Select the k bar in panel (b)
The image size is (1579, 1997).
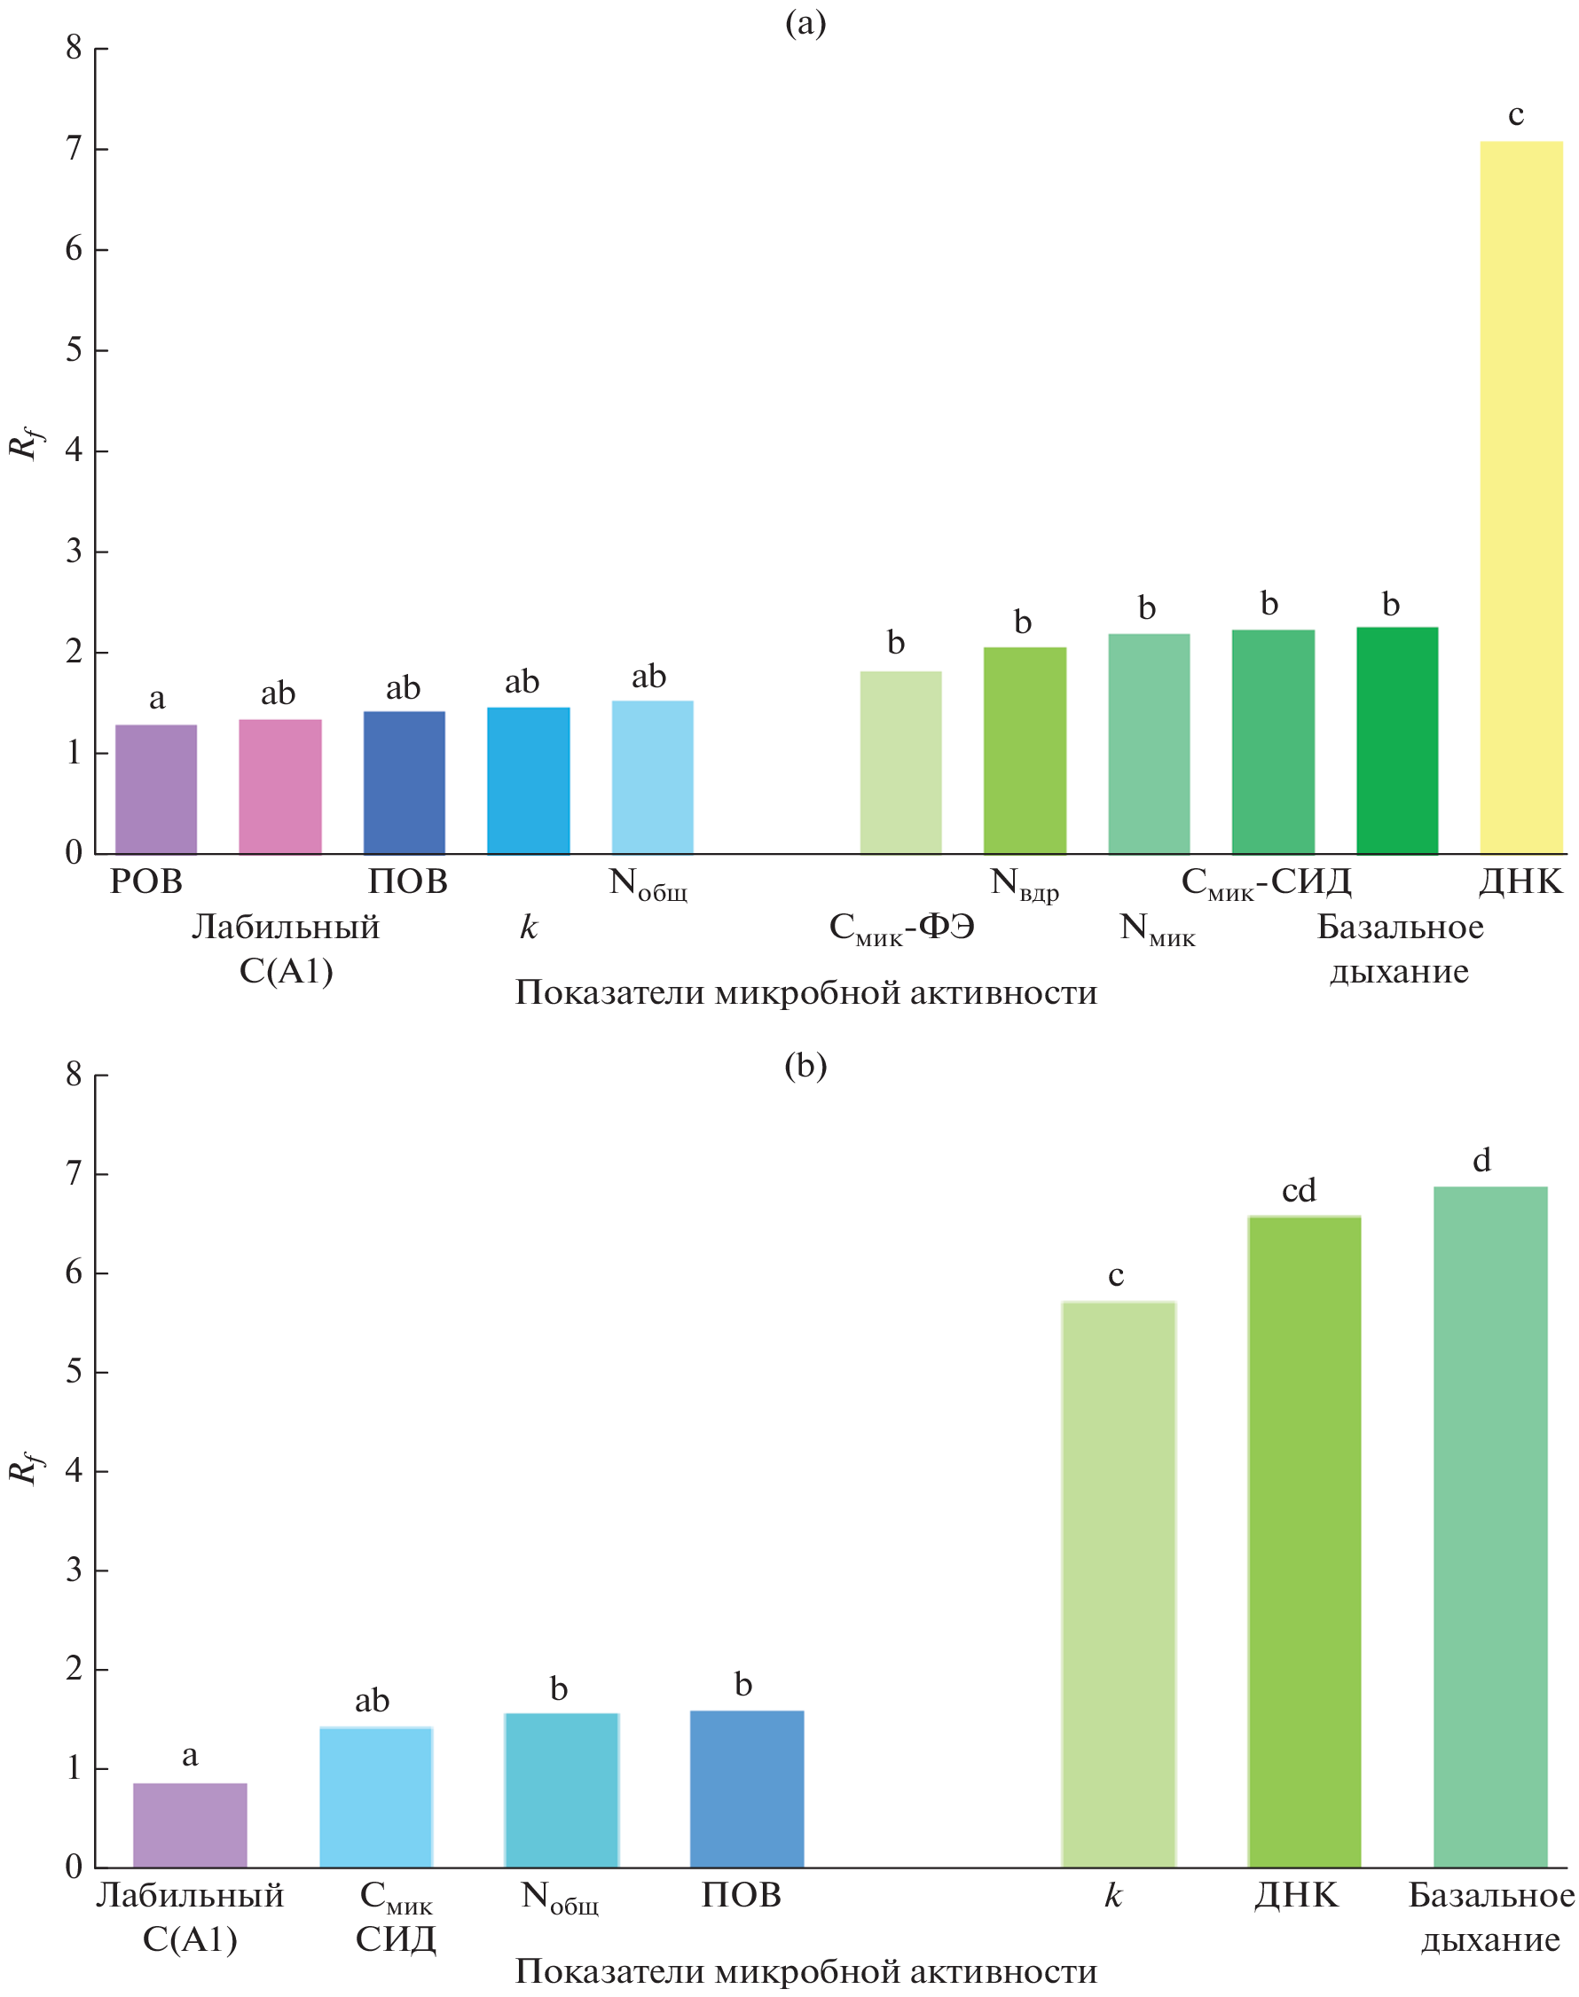1118,1584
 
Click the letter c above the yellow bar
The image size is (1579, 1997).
1515,115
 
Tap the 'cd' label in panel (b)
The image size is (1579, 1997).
1298,1190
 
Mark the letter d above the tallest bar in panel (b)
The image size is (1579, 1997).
1481,1160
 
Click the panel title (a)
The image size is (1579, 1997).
805,22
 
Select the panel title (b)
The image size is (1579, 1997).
805,1066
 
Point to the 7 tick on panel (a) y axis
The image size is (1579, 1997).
74,149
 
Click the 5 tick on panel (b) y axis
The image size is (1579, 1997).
74,1371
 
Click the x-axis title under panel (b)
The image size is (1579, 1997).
805,1970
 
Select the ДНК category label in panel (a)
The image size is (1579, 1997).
1520,881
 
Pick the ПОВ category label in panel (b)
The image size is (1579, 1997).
741,1895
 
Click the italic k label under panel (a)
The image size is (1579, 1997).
528,927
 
